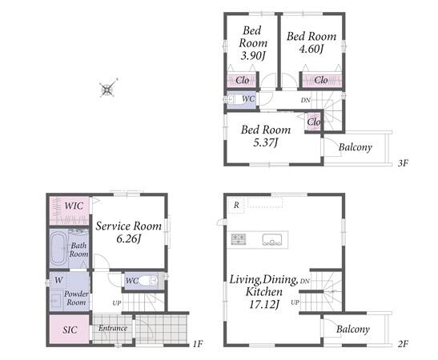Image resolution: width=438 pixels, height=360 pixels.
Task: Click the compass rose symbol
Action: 108,89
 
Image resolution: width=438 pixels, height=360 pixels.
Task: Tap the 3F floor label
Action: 403,163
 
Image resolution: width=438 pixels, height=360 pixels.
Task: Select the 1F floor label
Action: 197,344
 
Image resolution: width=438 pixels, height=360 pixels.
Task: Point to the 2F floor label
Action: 403,344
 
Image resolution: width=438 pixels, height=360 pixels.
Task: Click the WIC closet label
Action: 74,206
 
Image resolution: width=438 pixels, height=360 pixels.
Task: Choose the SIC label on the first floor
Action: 70,330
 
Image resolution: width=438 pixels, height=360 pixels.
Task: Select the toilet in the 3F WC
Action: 234,100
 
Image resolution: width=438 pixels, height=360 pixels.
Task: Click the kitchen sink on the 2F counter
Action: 271,240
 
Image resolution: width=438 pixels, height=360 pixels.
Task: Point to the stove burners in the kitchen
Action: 239,239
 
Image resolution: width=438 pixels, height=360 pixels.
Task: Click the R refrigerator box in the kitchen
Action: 236,205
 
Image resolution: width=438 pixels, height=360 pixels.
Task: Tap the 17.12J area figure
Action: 264,304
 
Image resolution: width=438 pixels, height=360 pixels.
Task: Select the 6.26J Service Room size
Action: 128,239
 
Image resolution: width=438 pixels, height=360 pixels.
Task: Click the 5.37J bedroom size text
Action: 265,142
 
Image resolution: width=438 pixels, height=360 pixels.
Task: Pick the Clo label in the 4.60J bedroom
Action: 320,80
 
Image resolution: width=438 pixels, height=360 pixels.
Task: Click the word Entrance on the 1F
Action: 113,328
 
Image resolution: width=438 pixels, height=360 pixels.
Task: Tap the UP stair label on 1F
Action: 117,302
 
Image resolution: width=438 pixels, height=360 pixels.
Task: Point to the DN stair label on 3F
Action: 306,100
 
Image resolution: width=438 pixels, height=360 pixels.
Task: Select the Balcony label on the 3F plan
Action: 356,147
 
